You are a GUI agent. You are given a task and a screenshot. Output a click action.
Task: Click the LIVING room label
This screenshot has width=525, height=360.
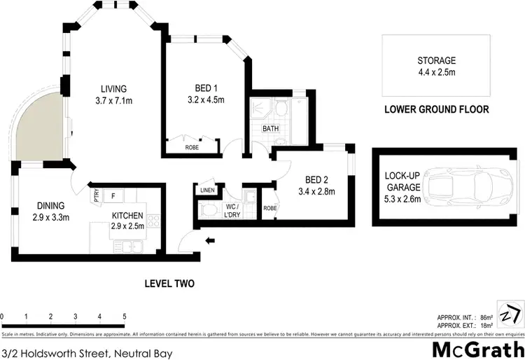pyautogui.click(x=113, y=89)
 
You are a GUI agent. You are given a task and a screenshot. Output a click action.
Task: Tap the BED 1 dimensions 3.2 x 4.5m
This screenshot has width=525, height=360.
pyautogui.click(x=206, y=100)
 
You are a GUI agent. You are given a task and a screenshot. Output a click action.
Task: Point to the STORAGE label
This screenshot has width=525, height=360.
pyautogui.click(x=436, y=60)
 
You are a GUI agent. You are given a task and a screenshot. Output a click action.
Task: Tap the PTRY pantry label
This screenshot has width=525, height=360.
pyautogui.click(x=97, y=197)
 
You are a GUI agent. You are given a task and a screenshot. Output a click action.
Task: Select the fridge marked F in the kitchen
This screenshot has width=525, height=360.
pyautogui.click(x=113, y=195)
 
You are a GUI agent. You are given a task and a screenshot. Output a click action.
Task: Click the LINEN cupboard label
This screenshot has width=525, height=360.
pyautogui.click(x=206, y=190)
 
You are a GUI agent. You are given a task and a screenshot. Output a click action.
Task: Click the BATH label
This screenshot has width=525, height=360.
pyautogui.click(x=270, y=129)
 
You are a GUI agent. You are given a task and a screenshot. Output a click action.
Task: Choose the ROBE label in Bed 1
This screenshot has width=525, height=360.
pyautogui.click(x=191, y=148)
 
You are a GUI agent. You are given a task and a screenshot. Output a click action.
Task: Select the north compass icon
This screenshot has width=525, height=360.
pyautogui.click(x=510, y=312)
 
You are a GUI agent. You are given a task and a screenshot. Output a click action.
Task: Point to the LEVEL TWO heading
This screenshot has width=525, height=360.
pyautogui.click(x=169, y=284)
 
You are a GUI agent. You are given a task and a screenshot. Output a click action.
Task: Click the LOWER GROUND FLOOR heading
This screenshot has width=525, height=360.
pyautogui.click(x=436, y=110)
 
